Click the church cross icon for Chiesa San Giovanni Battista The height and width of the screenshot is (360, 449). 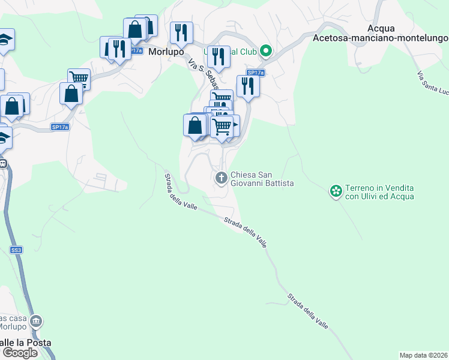point(221,178)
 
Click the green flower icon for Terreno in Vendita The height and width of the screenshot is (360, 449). point(336,191)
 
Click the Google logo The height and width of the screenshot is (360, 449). point(20,353)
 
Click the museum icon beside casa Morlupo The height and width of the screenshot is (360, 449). point(37,322)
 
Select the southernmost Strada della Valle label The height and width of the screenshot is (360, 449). point(307,310)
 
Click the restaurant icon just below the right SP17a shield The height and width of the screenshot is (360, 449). point(247,86)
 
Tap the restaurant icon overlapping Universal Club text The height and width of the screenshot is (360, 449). point(218,57)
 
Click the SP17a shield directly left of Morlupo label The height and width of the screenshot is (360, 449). point(136,51)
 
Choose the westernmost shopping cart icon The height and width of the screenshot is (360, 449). point(79,78)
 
